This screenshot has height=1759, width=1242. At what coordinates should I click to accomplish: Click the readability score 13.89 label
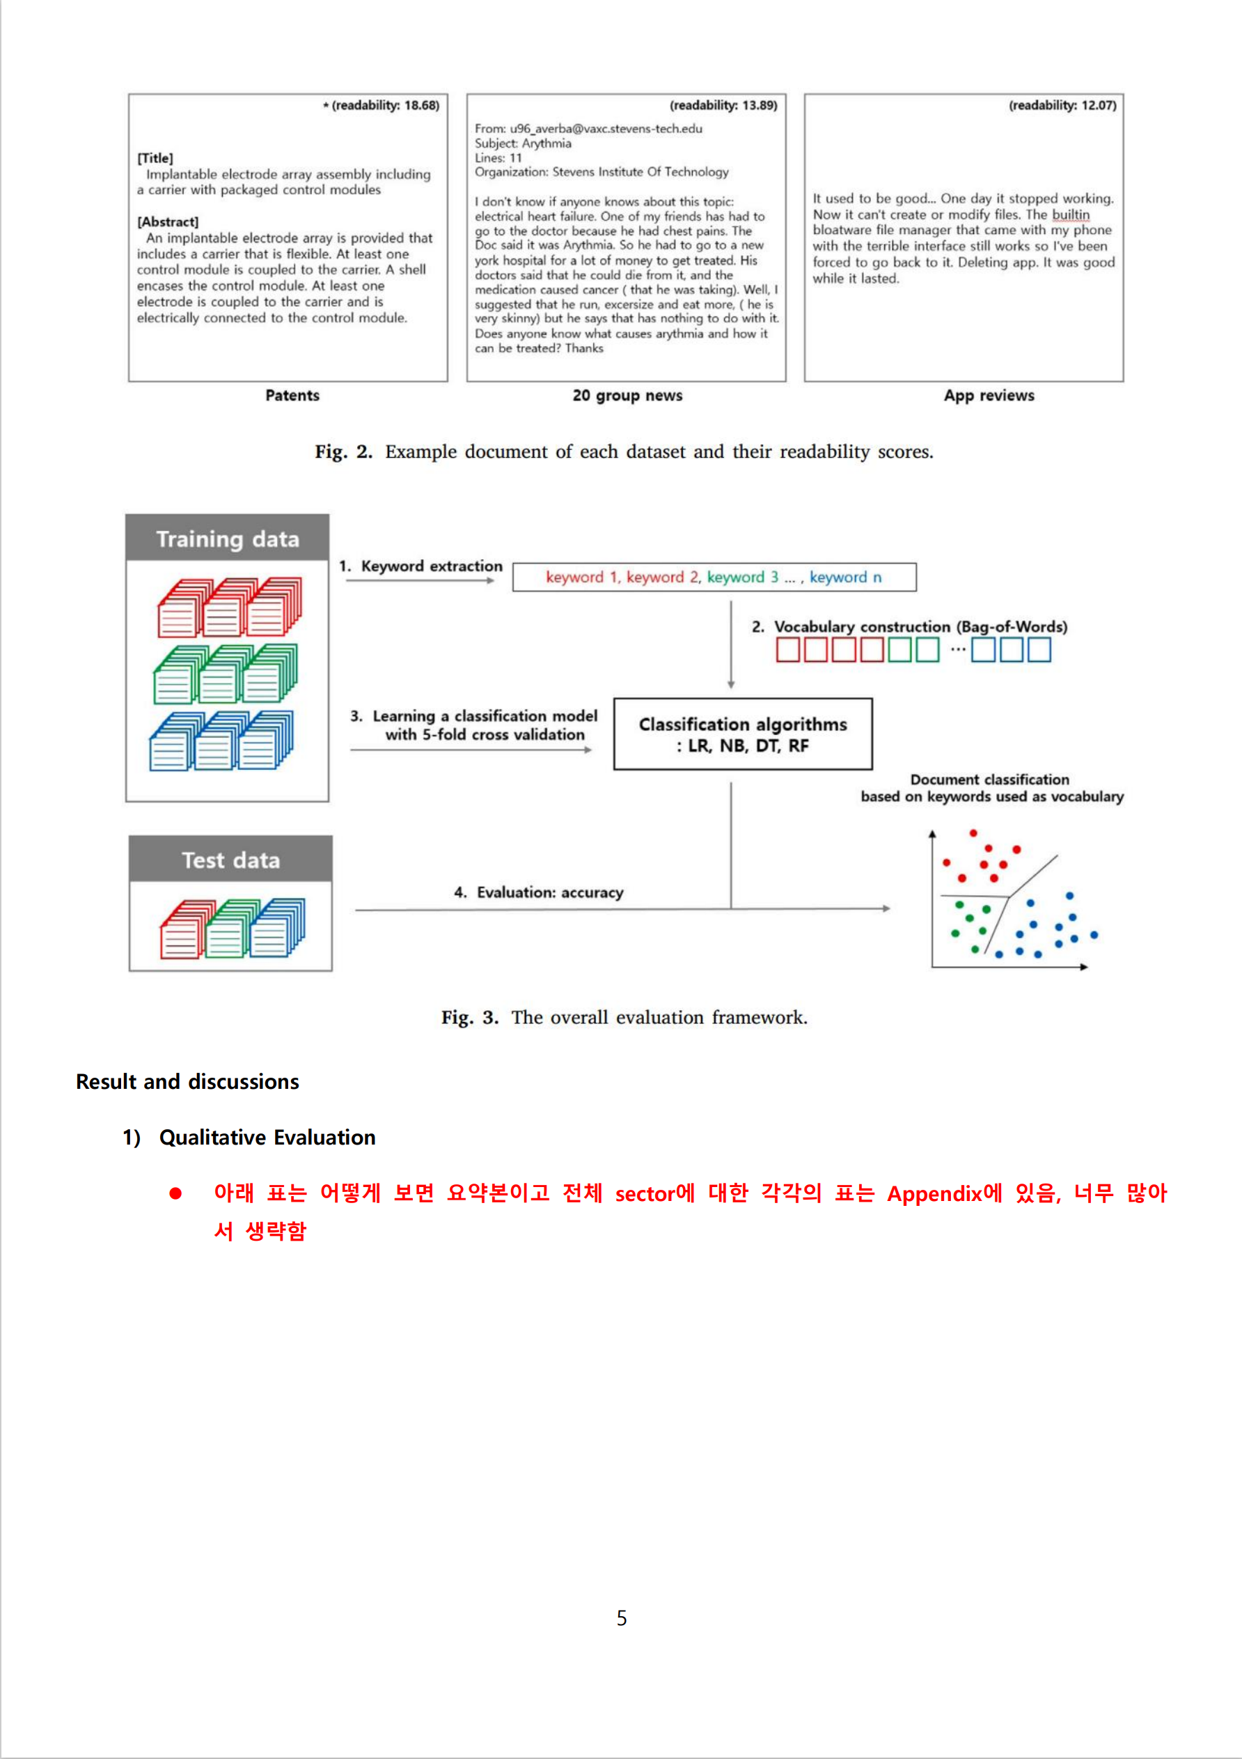[x=723, y=106]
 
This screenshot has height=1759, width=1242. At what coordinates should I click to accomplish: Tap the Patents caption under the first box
[x=292, y=395]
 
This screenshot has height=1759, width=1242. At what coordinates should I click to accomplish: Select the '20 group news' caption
[x=627, y=395]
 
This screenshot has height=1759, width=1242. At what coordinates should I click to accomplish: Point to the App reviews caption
[x=989, y=395]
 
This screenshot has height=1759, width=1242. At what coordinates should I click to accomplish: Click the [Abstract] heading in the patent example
[x=168, y=222]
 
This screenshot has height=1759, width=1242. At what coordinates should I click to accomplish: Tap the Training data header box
[x=228, y=538]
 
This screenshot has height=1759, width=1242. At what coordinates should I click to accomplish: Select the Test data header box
[x=230, y=860]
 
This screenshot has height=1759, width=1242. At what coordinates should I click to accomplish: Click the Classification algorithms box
[x=743, y=734]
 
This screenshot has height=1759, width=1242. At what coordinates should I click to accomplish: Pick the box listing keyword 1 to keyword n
[x=714, y=578]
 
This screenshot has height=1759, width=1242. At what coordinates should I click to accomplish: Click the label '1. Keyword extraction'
[x=421, y=566]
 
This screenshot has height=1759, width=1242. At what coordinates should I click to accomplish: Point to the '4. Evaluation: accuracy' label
[x=539, y=892]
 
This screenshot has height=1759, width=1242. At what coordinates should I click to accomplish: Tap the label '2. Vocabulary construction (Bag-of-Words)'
[x=909, y=627]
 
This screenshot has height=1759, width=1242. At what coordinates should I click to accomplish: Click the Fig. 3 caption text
[x=624, y=1017]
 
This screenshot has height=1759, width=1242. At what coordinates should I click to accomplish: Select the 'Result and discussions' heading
[x=187, y=1082]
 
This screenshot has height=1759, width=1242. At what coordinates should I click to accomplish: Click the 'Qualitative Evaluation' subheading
[x=267, y=1138]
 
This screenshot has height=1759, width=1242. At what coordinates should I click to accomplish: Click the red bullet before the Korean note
[x=176, y=1193]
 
